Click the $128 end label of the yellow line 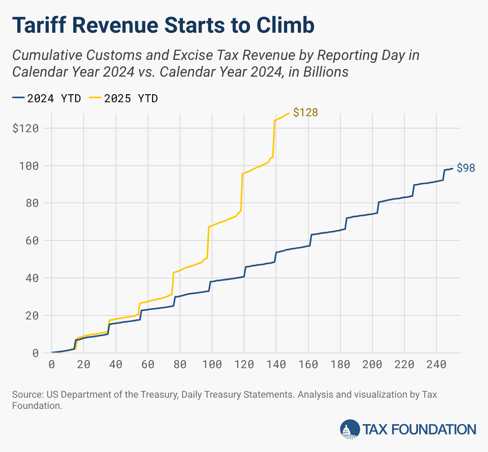305,113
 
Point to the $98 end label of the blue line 466,168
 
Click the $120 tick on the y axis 25,128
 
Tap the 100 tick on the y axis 29,166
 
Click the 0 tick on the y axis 35,353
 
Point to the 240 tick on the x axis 436,364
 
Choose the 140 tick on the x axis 276,364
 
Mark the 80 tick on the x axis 180,364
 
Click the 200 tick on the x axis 372,364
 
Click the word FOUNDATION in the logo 434,430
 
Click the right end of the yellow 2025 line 289,113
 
